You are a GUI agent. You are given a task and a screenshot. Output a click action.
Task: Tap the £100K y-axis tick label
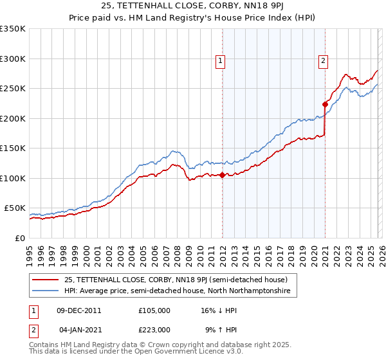pos(13,178)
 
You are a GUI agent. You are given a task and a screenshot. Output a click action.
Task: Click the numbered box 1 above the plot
pos(220,61)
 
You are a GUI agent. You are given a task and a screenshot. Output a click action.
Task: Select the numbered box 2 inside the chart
pos(322,61)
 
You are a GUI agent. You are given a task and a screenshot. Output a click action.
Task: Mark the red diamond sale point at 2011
pos(222,175)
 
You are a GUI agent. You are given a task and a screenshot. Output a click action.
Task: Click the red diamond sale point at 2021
pos(325,104)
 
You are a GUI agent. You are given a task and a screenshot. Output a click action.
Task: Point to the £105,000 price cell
pos(154,310)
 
